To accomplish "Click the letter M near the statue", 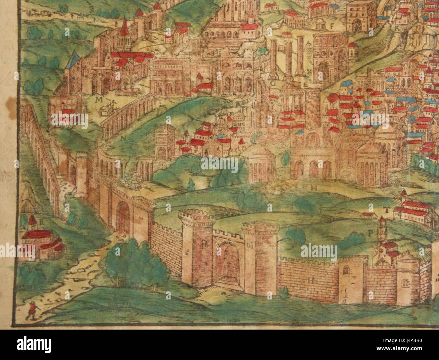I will [x=99, y=100].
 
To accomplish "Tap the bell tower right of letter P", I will [x=382, y=233].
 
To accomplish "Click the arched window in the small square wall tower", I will [x=346, y=270].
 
